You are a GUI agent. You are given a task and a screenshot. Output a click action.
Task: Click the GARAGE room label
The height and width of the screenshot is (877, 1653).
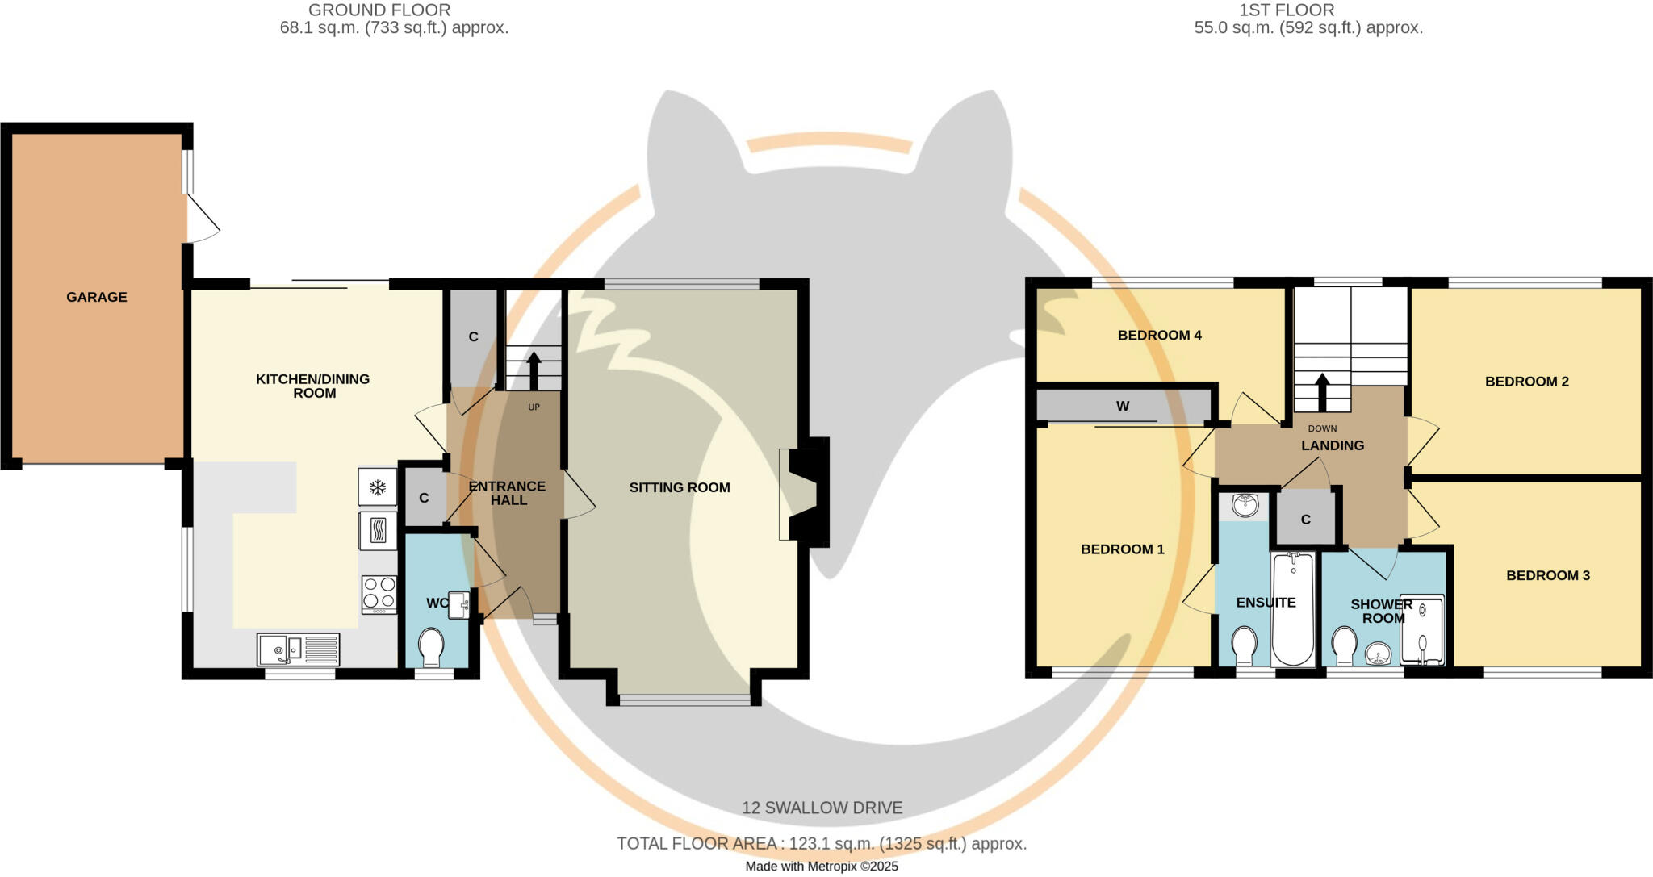pos(97,297)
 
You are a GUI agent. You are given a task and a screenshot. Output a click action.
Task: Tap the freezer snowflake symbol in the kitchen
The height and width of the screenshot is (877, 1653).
pos(377,487)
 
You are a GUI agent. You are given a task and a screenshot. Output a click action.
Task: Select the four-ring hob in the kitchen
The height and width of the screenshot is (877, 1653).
pos(379,594)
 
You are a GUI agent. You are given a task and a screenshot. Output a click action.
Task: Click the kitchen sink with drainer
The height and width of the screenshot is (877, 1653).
pos(298,649)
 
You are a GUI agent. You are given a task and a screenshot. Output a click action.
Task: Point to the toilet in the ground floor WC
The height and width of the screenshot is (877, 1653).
pos(432,646)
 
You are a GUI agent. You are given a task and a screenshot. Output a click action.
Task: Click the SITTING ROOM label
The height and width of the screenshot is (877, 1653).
pos(680,487)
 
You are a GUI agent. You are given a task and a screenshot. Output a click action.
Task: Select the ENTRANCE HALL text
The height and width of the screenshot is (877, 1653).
pos(508,493)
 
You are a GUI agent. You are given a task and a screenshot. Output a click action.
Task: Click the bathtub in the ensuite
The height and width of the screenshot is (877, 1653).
pos(1292,609)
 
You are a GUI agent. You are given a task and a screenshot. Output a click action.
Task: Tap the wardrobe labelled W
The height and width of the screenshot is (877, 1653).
pos(1123,406)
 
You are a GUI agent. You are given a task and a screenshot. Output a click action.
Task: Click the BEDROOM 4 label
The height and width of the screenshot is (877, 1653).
pos(1159,335)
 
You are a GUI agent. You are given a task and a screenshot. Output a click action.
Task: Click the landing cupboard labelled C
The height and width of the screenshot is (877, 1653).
pos(1306,520)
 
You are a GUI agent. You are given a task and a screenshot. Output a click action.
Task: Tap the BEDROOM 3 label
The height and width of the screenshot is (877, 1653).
pos(1547,575)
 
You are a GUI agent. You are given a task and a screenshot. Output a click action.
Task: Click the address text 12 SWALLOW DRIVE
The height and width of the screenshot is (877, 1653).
pos(822,808)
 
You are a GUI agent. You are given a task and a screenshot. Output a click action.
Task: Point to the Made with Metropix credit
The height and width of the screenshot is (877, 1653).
pos(821,867)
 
